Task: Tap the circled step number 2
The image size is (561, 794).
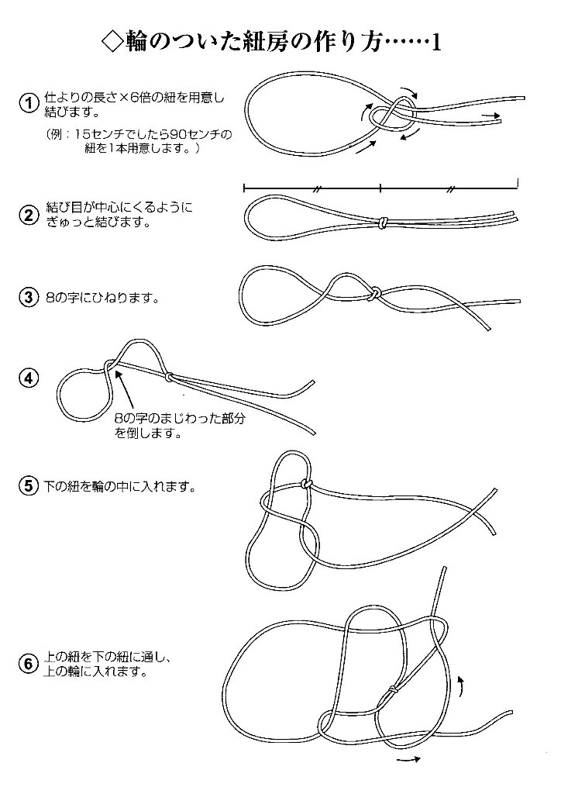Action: coord(28,216)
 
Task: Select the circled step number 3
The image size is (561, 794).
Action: coord(28,297)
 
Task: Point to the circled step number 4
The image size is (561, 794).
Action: coord(28,378)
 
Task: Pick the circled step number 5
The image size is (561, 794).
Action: coord(28,488)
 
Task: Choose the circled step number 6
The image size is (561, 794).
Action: coord(28,664)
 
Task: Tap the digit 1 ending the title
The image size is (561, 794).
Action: coord(435,43)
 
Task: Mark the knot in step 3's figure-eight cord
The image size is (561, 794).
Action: coord(373,294)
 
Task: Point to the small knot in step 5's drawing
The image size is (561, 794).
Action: coord(306,485)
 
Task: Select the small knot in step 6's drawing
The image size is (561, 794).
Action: coord(393,689)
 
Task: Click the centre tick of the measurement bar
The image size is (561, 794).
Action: coord(381,188)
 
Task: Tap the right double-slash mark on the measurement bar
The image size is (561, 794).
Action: coord(450,188)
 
